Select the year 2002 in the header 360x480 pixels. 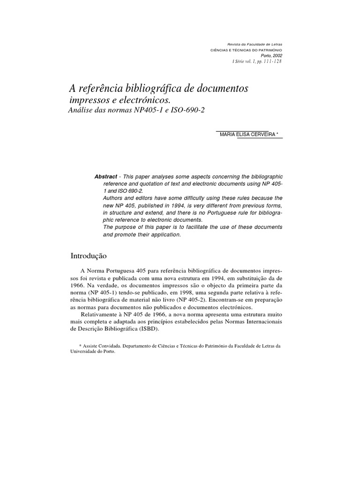tap(277, 55)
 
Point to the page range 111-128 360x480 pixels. tap(272, 61)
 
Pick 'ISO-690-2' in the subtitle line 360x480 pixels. tap(188, 111)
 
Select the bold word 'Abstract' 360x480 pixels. tap(105, 176)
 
